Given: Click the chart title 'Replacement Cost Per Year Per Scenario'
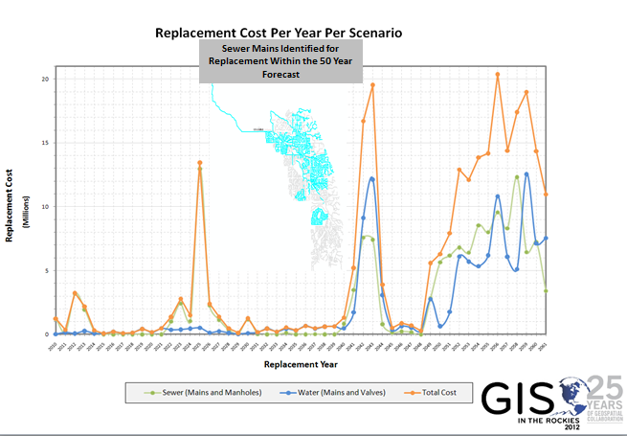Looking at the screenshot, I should coord(279,33).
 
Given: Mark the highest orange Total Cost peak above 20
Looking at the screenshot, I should coord(498,74).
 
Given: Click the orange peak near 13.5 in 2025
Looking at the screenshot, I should coord(199,163).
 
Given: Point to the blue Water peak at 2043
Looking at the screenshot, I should coord(371,179).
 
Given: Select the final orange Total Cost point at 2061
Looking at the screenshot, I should coord(546,194).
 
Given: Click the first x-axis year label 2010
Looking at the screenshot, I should coord(55,343).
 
